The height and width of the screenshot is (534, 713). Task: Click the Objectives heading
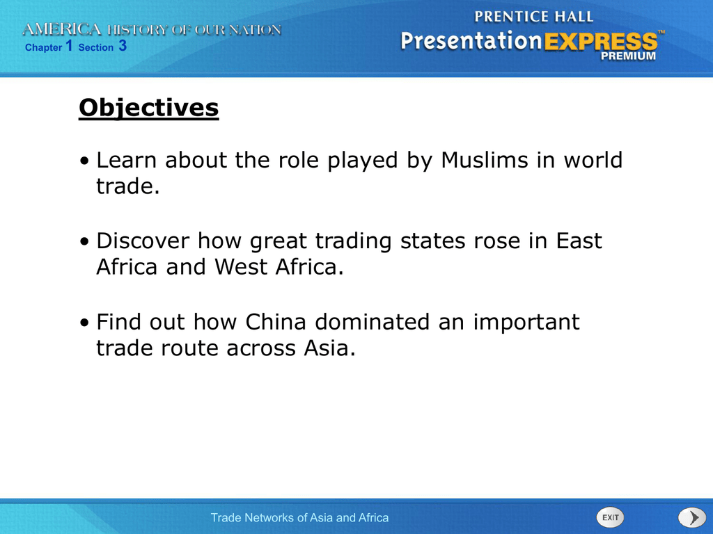(149, 108)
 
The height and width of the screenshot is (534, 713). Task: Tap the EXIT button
(610, 517)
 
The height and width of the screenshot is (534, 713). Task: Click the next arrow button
(692, 517)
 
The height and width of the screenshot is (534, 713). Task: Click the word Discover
(143, 241)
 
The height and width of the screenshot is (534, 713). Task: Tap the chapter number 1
(69, 45)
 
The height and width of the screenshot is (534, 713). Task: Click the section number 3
(123, 45)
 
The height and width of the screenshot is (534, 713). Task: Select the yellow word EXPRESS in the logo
(601, 41)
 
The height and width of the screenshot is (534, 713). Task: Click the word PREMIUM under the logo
(629, 56)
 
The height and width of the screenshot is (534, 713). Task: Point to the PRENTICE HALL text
(534, 17)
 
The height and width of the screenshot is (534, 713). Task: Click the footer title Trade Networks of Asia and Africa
(299, 517)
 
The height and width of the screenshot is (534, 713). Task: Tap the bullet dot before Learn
(84, 161)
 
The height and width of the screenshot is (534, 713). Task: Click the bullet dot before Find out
(84, 323)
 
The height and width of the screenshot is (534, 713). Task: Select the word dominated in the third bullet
(373, 321)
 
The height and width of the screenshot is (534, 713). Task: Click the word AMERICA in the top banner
(62, 29)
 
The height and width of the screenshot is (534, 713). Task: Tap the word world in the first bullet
(593, 160)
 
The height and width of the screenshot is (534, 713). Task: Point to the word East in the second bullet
(579, 241)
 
